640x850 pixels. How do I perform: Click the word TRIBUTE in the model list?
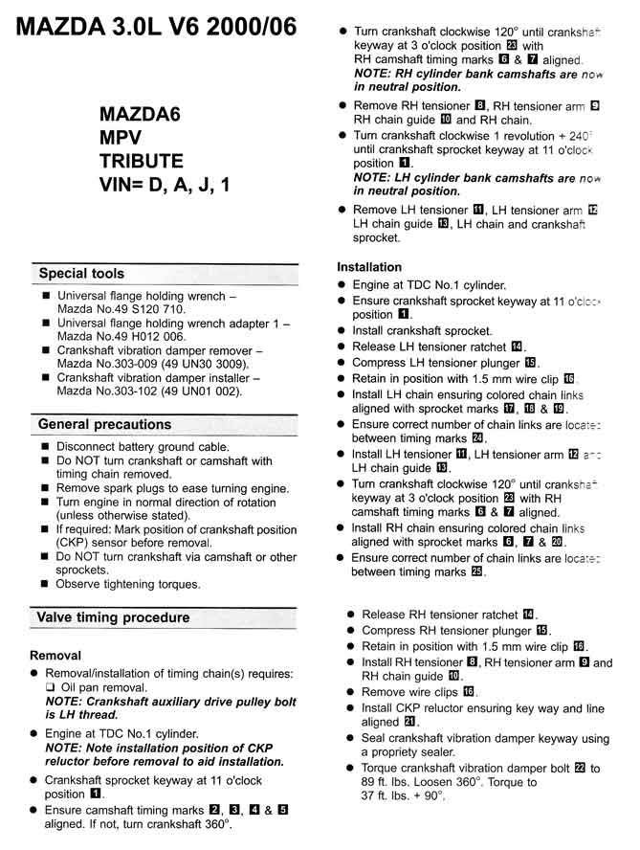142,160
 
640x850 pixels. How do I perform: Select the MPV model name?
121,137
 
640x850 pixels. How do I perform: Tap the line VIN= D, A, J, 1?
165,184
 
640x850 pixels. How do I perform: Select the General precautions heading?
104,424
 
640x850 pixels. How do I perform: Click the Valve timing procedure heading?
113,617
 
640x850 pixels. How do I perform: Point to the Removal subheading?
56,657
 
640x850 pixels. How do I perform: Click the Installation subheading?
369,267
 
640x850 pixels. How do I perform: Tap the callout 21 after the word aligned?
410,722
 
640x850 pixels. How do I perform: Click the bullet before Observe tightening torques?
47,584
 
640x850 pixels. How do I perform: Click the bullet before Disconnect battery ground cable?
47,447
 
